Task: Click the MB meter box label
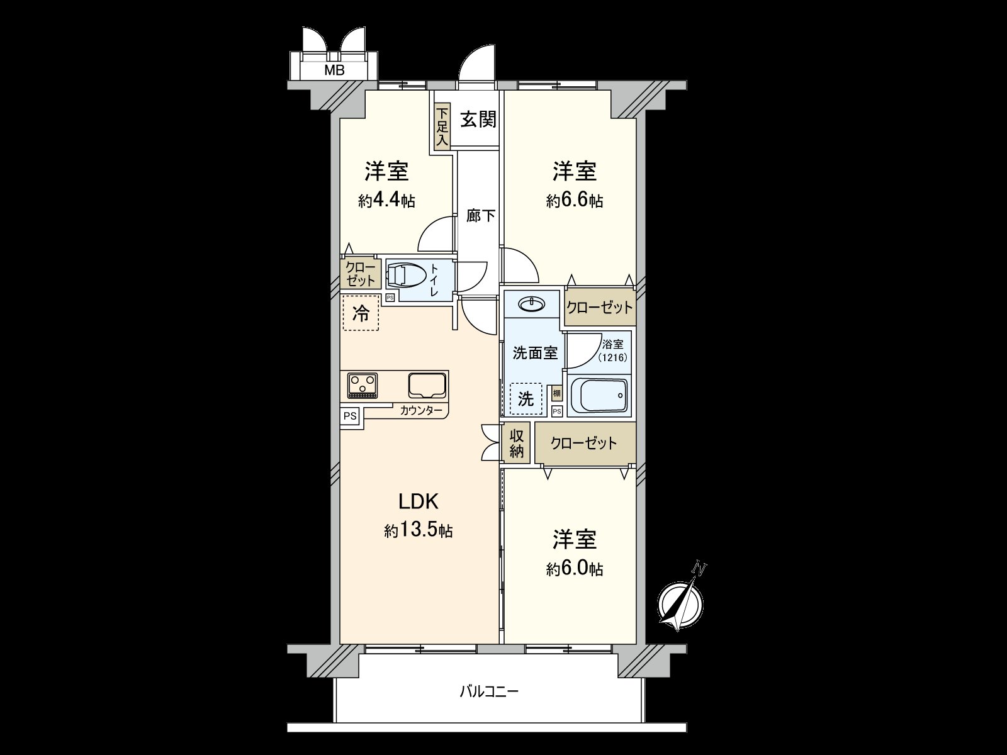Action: pos(334,70)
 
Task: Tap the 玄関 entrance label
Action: pos(478,120)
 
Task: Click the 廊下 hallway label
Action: pos(480,215)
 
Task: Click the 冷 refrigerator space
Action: pos(361,313)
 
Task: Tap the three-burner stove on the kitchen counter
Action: pos(363,386)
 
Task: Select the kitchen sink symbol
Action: pos(427,386)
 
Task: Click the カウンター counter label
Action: pos(420,410)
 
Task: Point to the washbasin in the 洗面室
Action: pos(531,303)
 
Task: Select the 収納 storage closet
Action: pos(517,444)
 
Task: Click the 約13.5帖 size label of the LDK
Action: pos(419,531)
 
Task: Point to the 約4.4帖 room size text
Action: pos(386,201)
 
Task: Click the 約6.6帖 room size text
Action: pos(575,201)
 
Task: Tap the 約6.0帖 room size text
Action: pos(575,569)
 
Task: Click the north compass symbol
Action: pos(681,600)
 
